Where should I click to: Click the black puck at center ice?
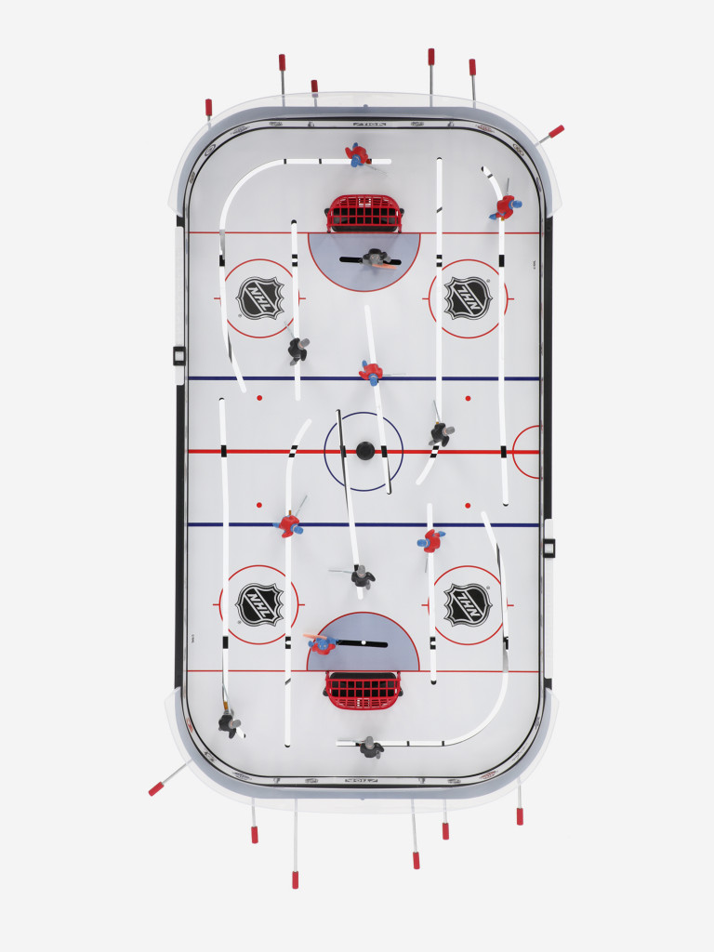[x=364, y=451]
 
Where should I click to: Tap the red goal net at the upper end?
[x=364, y=214]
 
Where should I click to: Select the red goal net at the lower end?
[x=364, y=690]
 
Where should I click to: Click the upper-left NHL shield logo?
[x=259, y=298]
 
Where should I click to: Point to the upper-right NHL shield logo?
[x=467, y=297]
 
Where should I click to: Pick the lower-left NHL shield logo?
[x=259, y=604]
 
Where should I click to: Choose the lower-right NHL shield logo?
[x=467, y=604]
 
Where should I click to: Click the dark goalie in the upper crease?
[x=376, y=258]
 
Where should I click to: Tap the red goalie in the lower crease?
[x=323, y=643]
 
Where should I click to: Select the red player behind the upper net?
[x=357, y=154]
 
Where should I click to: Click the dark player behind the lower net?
[x=371, y=747]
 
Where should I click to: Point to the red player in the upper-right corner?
[x=505, y=207]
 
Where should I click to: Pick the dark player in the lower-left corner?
[x=228, y=721]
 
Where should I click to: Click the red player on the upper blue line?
[x=371, y=372]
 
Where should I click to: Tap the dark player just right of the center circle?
[x=440, y=432]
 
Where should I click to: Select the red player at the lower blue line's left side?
[x=289, y=524]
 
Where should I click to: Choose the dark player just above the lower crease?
[x=362, y=576]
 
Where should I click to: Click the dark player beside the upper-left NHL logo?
[x=297, y=349]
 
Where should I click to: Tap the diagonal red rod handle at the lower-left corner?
[x=156, y=789]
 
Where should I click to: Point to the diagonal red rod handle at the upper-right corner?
[x=556, y=131]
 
